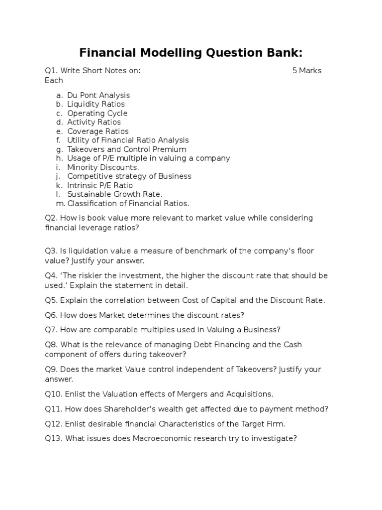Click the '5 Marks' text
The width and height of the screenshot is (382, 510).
click(x=307, y=70)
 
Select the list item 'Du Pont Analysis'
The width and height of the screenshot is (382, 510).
click(x=98, y=95)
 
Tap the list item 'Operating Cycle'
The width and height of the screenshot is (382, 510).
click(x=97, y=113)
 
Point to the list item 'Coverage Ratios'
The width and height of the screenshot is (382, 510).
click(x=98, y=131)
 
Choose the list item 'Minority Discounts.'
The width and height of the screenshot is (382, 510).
click(x=103, y=167)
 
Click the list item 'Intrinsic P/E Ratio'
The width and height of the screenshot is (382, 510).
click(x=100, y=185)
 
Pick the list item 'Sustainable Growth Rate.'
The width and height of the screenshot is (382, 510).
click(x=115, y=194)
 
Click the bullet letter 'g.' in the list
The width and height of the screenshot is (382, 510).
click(x=60, y=149)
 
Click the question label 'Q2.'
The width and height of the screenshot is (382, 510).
click(x=52, y=218)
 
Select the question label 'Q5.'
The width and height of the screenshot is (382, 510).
click(x=52, y=300)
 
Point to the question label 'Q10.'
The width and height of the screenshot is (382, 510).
click(x=54, y=394)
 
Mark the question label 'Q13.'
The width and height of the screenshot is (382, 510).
click(x=54, y=438)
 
